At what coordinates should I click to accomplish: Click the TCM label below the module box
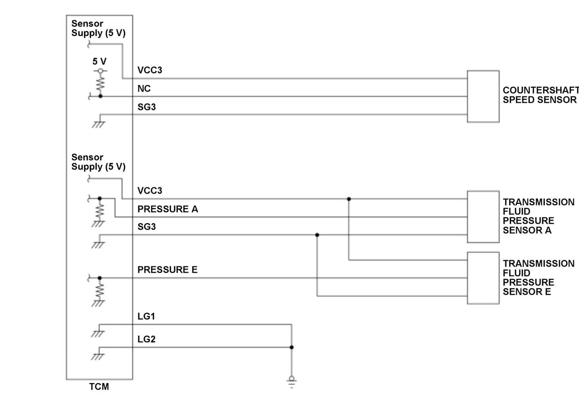99,386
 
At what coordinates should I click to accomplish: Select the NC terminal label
144,89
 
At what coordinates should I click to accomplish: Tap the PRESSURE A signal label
168,209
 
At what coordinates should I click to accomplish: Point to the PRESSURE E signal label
167,270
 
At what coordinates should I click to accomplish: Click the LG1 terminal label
146,316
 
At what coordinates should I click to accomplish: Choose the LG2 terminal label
147,339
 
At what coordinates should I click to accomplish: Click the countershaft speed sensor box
483,96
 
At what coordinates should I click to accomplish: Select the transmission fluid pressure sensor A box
483,217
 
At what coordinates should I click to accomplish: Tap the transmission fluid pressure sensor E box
483,278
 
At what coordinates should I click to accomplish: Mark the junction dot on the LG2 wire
291,347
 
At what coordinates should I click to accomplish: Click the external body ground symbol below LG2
291,382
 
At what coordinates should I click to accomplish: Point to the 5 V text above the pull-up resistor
99,61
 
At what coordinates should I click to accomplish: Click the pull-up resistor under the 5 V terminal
100,83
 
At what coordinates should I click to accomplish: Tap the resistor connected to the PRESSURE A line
99,211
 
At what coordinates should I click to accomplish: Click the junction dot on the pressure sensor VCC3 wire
349,199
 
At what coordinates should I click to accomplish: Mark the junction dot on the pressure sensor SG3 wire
317,235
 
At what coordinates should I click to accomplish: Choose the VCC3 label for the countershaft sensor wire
150,70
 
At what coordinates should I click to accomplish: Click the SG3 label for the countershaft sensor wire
147,107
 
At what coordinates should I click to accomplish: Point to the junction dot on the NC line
100,96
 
